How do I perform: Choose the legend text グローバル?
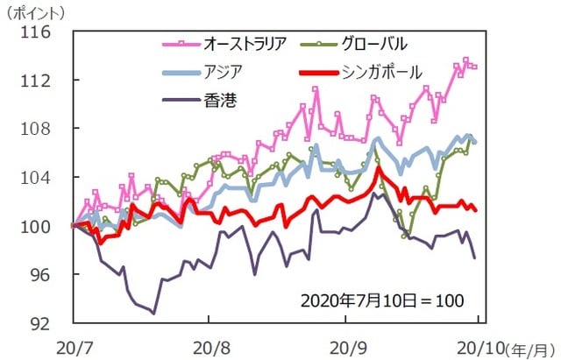[372, 42]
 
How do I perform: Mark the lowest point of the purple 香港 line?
[154, 313]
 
